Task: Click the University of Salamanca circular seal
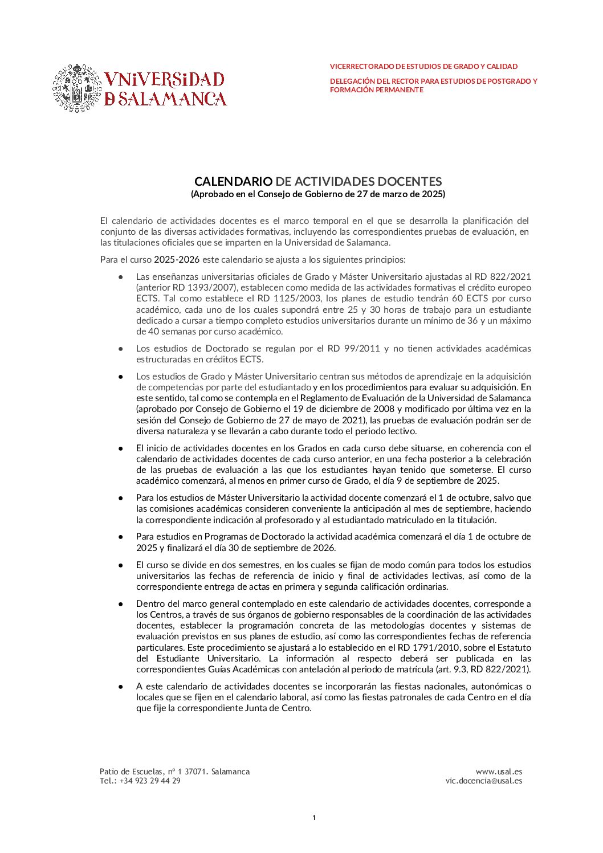(76, 88)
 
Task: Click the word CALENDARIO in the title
(233, 182)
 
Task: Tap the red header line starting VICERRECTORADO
(423, 67)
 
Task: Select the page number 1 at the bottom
(314, 818)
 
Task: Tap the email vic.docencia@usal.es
(483, 781)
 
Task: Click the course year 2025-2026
(177, 260)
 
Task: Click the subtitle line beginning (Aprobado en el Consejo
(317, 194)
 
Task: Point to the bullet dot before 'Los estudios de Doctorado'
(121, 349)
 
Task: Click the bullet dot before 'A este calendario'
(121, 687)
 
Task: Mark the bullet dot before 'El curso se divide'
(121, 565)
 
